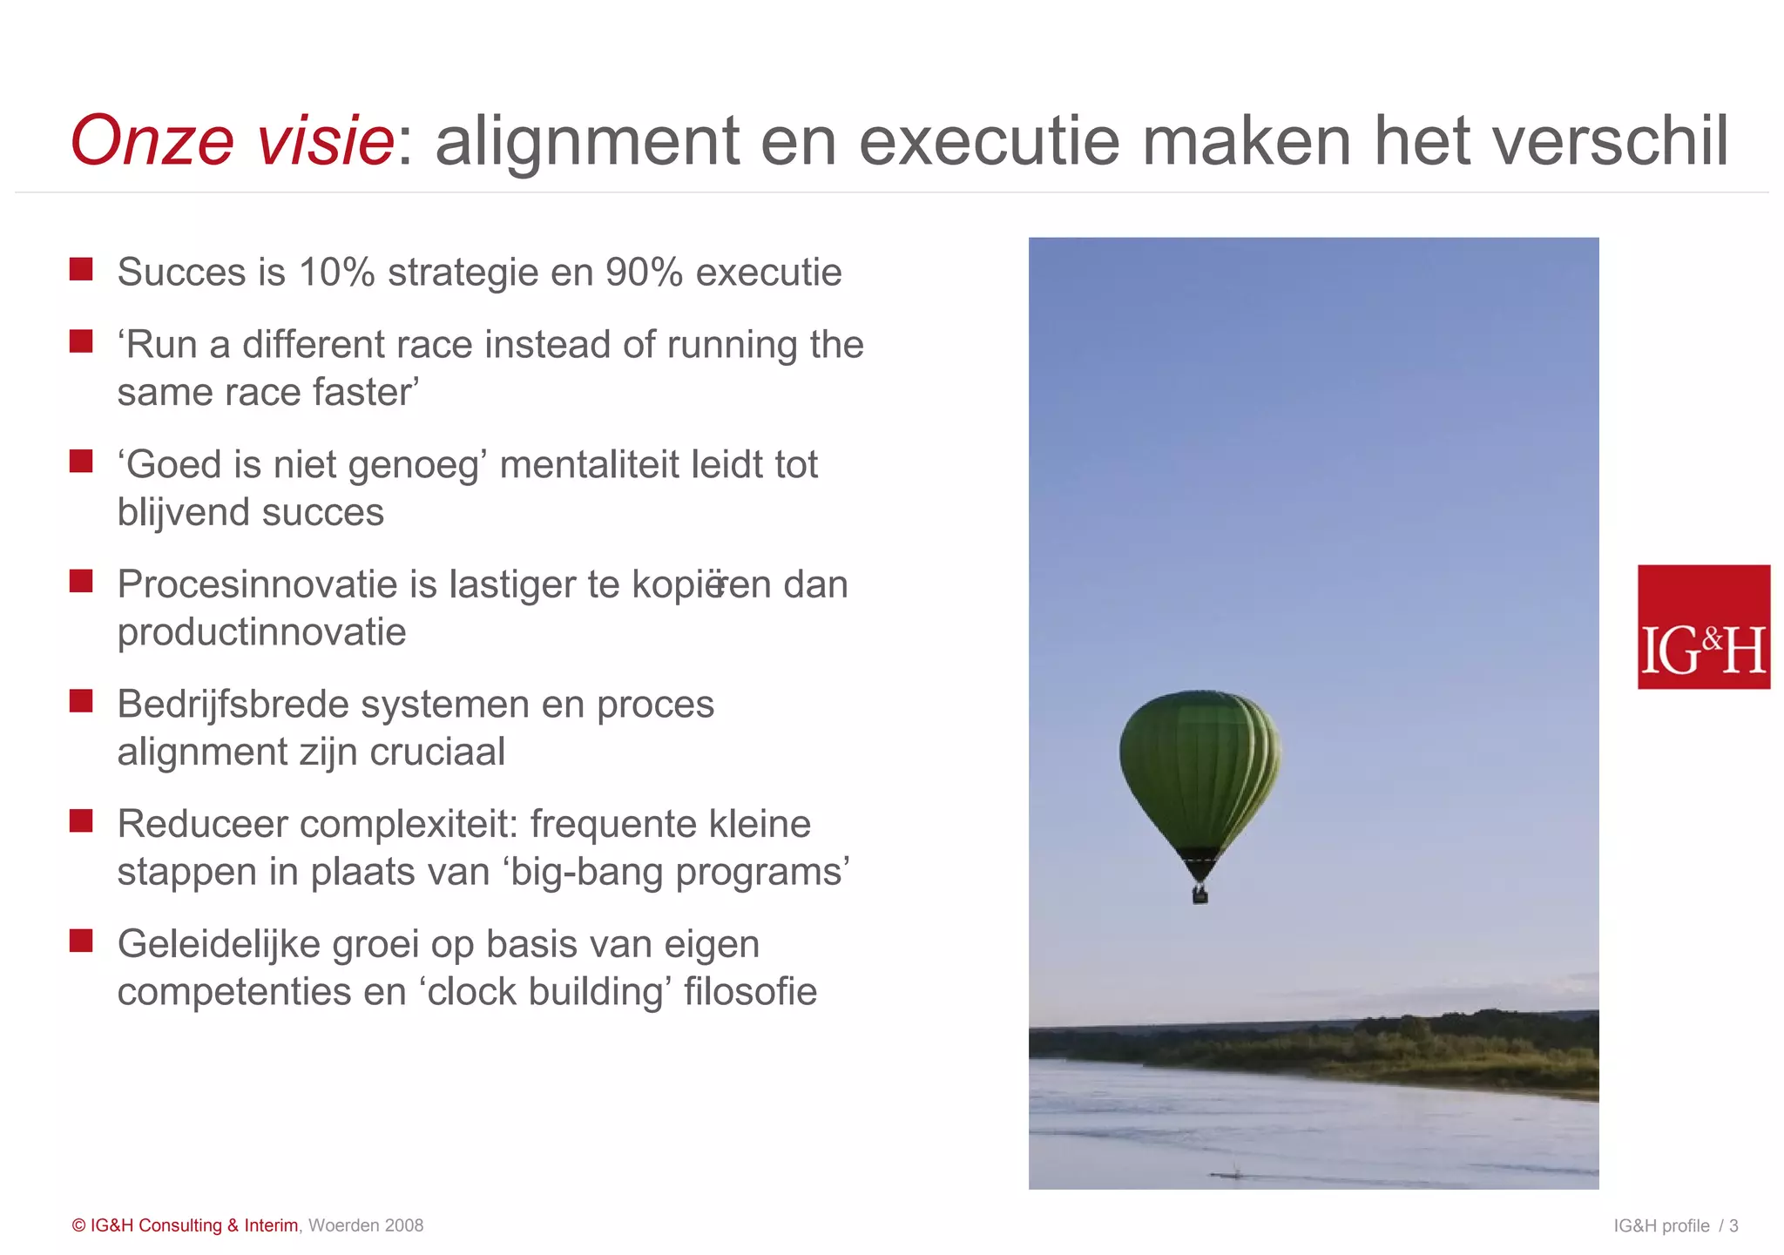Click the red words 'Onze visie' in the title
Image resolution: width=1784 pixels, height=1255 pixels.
pyautogui.click(x=232, y=141)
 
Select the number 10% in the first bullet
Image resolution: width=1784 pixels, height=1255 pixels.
pyautogui.click(x=336, y=273)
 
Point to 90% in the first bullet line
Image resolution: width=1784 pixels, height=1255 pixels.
pyautogui.click(x=644, y=273)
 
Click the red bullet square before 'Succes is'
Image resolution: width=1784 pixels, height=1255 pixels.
pyautogui.click(x=81, y=269)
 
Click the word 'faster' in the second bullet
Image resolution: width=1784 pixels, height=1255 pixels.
pyautogui.click(x=365, y=393)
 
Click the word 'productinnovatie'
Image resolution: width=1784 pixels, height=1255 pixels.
pyautogui.click(x=261, y=632)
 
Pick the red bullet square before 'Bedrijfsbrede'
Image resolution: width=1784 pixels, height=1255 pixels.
pyautogui.click(x=81, y=701)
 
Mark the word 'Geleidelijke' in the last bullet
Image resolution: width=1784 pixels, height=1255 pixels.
pyautogui.click(x=219, y=944)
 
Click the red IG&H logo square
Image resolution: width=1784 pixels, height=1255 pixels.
pyautogui.click(x=1703, y=627)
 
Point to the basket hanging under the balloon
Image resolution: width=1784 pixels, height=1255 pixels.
pyautogui.click(x=1199, y=894)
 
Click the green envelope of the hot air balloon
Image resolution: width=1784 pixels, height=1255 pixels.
pyautogui.click(x=1199, y=766)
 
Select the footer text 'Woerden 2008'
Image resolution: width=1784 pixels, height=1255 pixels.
pyautogui.click(x=366, y=1225)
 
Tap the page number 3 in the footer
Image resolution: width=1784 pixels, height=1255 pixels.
pyautogui.click(x=1733, y=1226)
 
